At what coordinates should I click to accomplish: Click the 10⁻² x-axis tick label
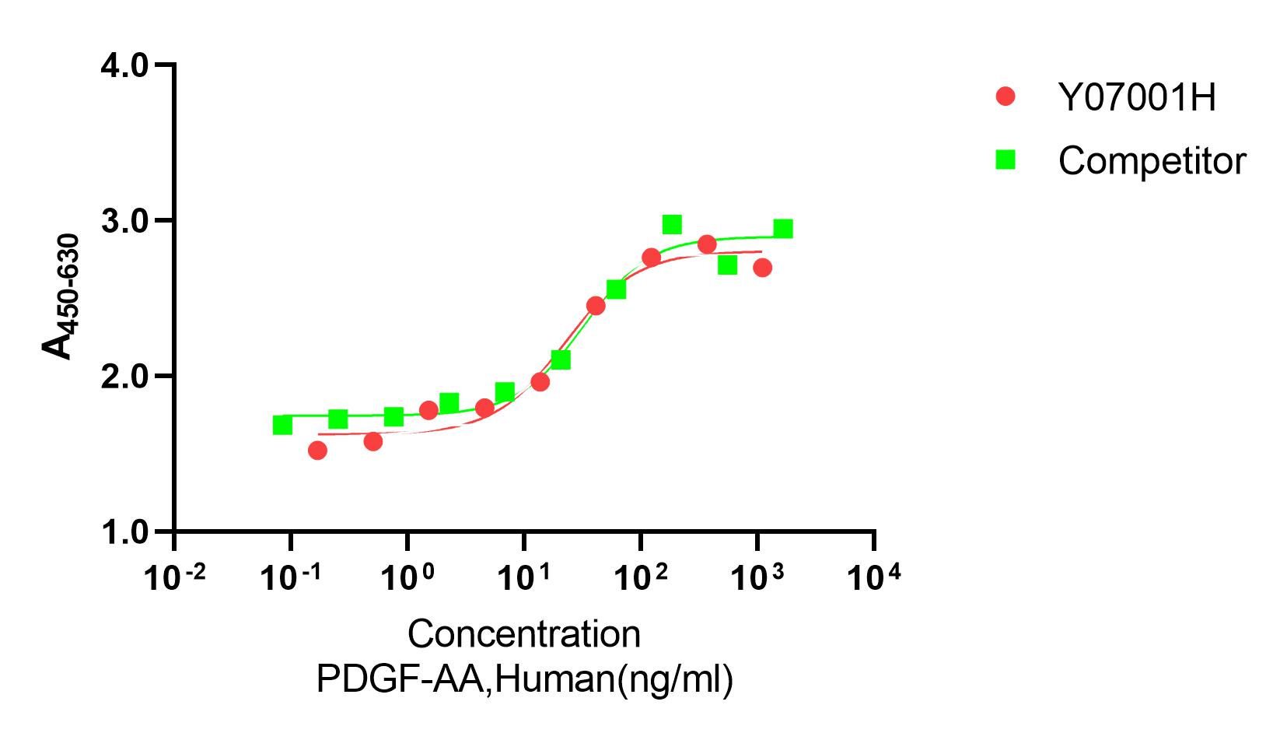pos(176,579)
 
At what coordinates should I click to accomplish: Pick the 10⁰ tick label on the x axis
pos(407,579)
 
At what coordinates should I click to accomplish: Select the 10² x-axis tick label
pos(641,579)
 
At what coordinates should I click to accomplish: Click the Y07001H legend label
pos(1136,98)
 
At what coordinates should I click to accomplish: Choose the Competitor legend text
pos(1152,161)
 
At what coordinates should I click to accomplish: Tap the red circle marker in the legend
pos(1005,96)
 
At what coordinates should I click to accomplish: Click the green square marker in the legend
pos(1005,160)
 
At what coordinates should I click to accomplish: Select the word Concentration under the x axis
pos(523,634)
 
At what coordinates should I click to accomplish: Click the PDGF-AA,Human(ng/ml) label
pos(524,679)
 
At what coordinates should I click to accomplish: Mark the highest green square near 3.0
pos(672,225)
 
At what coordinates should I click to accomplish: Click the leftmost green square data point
pos(282,425)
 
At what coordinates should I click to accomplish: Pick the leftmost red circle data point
pos(317,450)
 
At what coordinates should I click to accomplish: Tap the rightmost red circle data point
pos(762,268)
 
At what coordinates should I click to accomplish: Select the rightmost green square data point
pos(783,229)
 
